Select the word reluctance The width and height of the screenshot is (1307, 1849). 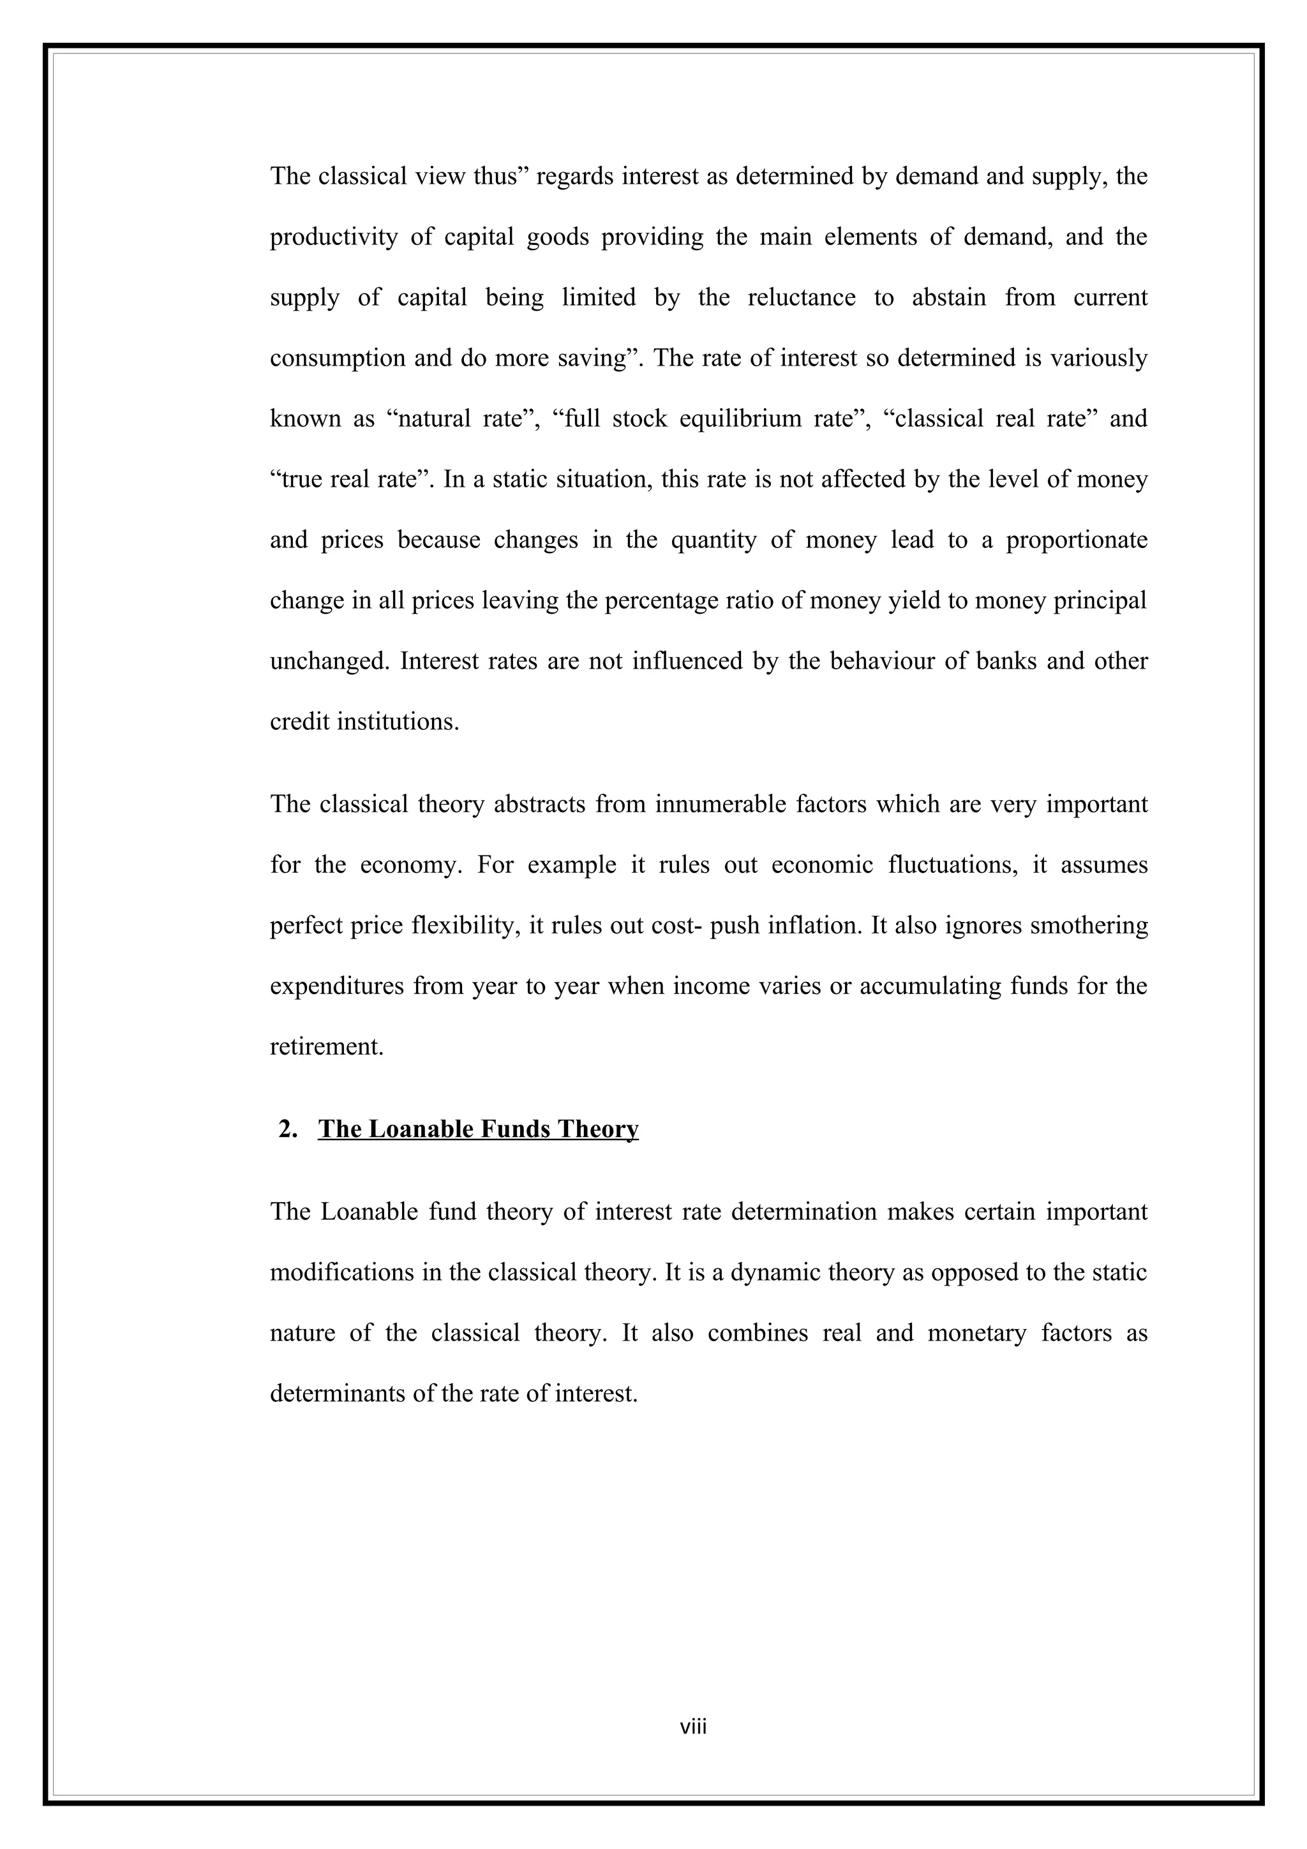[802, 298]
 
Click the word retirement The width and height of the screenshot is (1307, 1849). [326, 1047]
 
